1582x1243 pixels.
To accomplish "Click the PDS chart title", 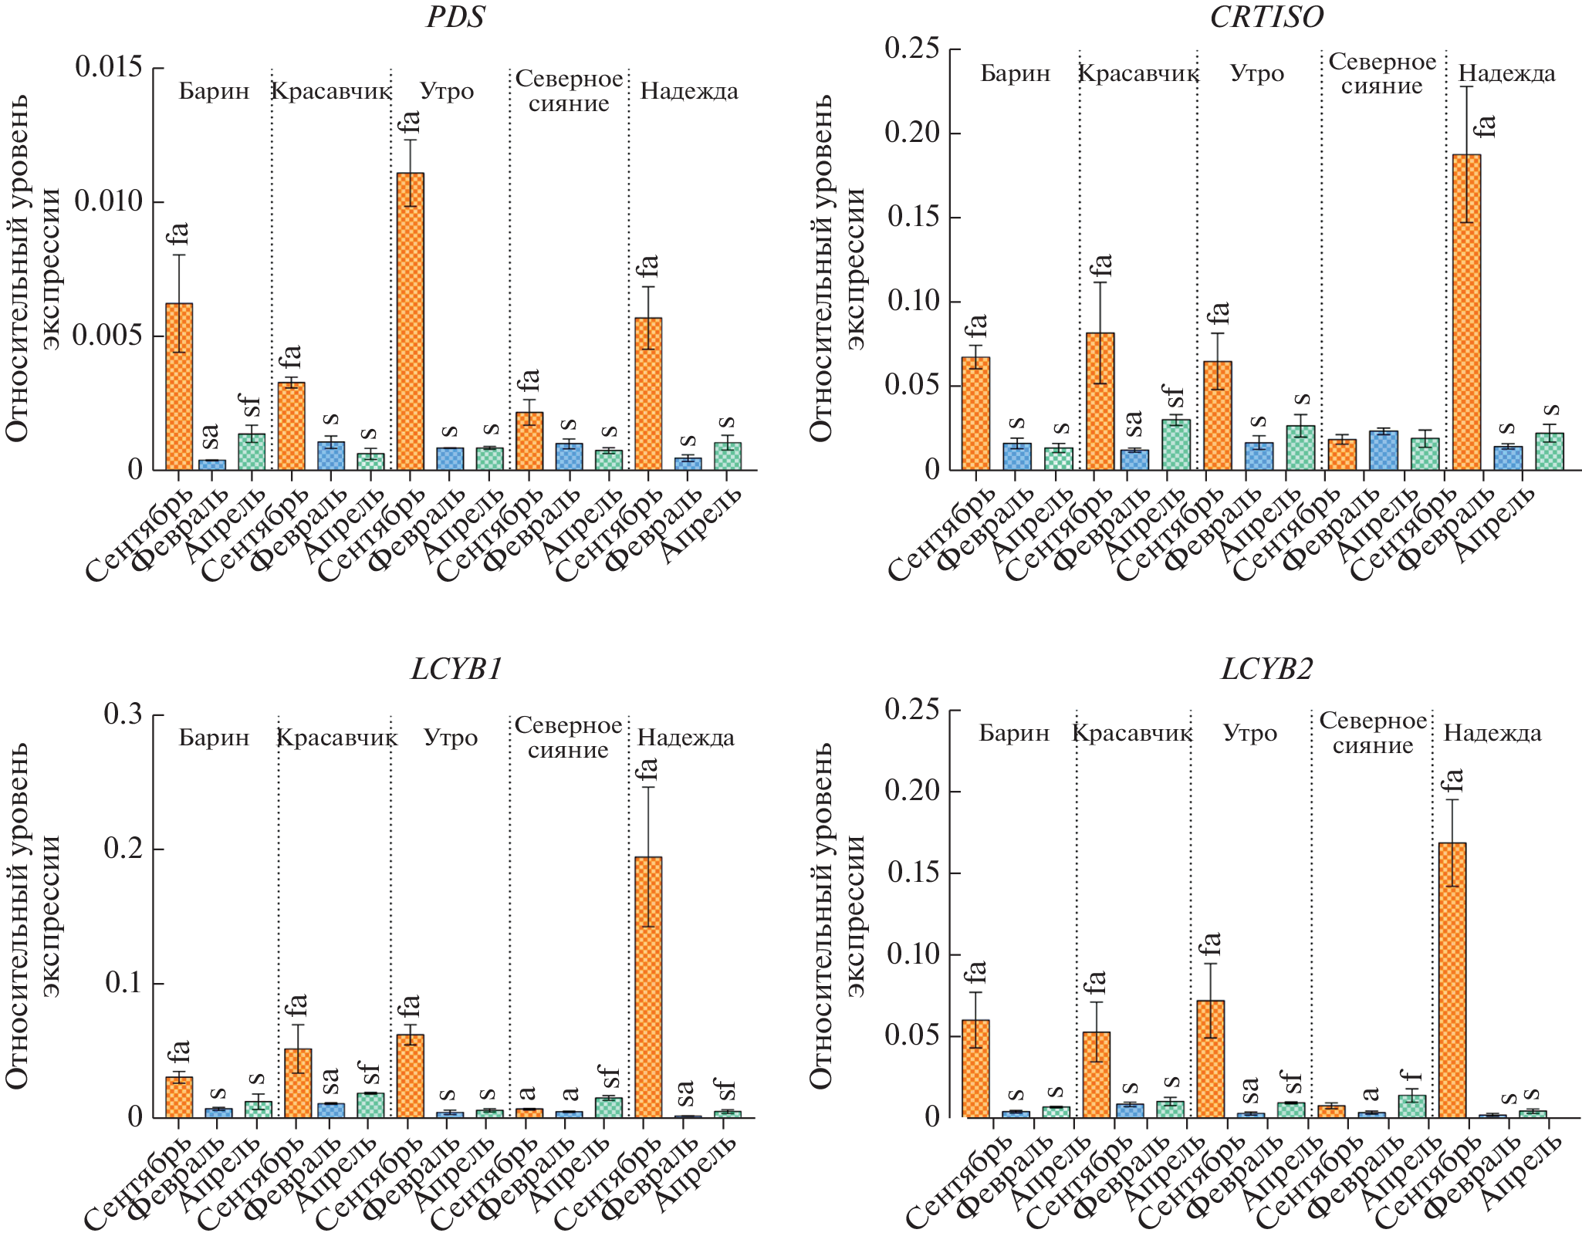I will tap(455, 17).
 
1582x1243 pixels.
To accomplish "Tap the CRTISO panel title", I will tap(1266, 17).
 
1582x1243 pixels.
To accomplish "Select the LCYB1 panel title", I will tap(456, 669).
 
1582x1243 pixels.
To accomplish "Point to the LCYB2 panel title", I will tap(1266, 669).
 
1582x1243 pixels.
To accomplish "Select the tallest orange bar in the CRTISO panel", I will tap(1466, 312).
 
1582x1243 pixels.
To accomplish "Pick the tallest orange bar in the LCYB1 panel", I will tap(648, 987).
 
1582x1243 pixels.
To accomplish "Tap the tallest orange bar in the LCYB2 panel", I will tap(1452, 980).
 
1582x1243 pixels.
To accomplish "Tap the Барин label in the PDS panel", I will tap(214, 92).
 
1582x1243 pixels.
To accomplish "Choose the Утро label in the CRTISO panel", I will tap(1256, 74).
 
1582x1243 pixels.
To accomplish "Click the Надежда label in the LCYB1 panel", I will tap(685, 738).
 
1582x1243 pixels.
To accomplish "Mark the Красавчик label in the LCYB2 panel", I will tap(1132, 733).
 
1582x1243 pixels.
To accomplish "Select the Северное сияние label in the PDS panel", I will tap(569, 91).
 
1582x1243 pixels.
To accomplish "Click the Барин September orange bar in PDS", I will tap(179, 386).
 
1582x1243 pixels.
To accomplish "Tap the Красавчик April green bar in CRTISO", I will tap(1176, 444).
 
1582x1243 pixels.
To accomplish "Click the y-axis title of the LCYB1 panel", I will tap(31, 916).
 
